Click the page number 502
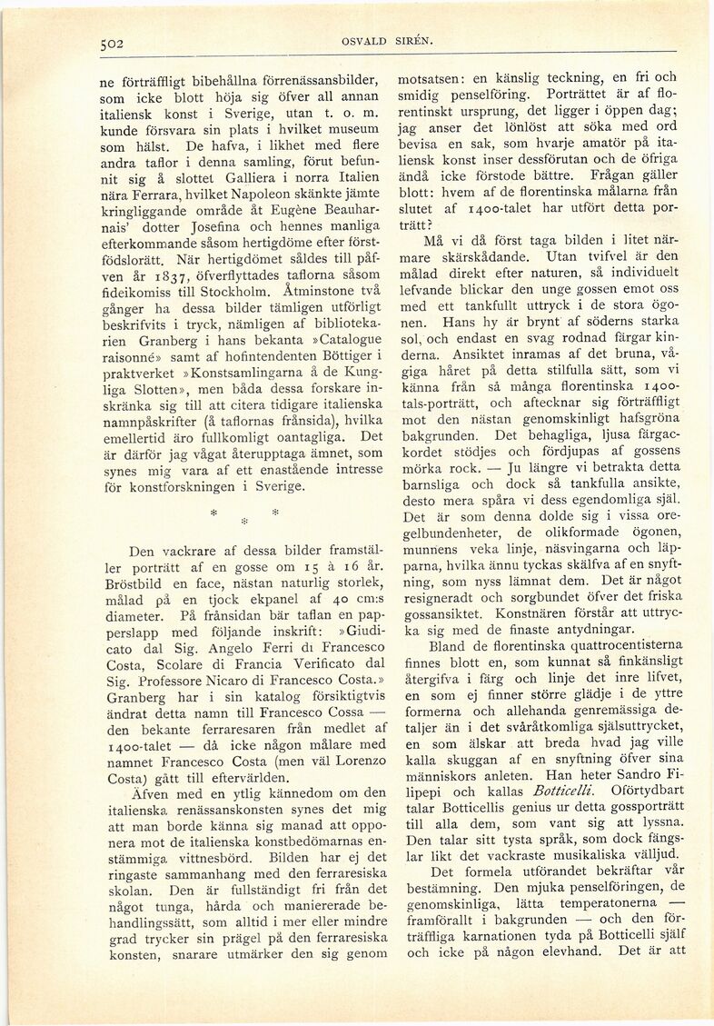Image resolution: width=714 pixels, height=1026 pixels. coord(114,42)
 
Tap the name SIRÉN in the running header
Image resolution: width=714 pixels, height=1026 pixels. coord(413,42)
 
